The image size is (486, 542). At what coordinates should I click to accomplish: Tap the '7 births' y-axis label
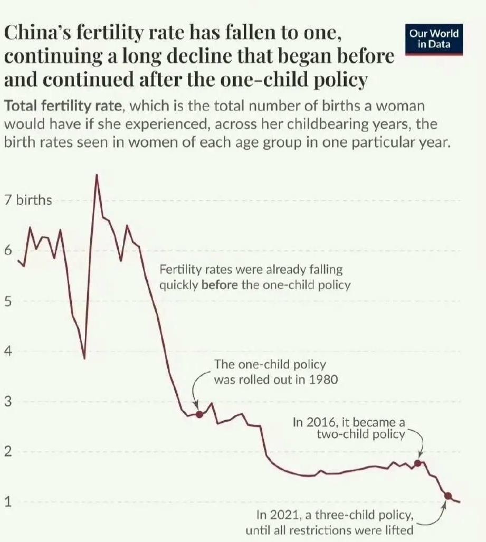coord(28,201)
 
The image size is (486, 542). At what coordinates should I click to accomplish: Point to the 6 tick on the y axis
coord(7,251)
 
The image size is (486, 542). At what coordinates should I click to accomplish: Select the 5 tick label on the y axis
coord(7,301)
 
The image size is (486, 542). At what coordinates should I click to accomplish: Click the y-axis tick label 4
coord(7,351)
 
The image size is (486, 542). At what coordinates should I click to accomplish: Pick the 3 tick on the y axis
coord(7,402)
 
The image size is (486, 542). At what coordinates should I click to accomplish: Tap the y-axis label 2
coord(7,452)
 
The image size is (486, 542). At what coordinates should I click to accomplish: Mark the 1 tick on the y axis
coord(7,502)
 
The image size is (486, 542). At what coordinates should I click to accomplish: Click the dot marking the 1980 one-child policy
coord(199,414)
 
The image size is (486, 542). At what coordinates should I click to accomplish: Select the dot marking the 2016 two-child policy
coord(417,463)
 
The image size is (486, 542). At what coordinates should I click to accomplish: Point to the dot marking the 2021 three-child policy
coord(448,496)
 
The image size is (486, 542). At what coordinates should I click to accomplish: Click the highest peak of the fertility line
coord(97,175)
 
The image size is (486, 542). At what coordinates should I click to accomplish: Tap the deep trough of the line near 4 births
coord(84,358)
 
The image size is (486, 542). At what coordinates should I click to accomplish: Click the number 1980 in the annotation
coord(323,379)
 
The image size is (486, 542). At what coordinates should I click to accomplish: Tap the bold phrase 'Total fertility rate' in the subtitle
coord(63,106)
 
